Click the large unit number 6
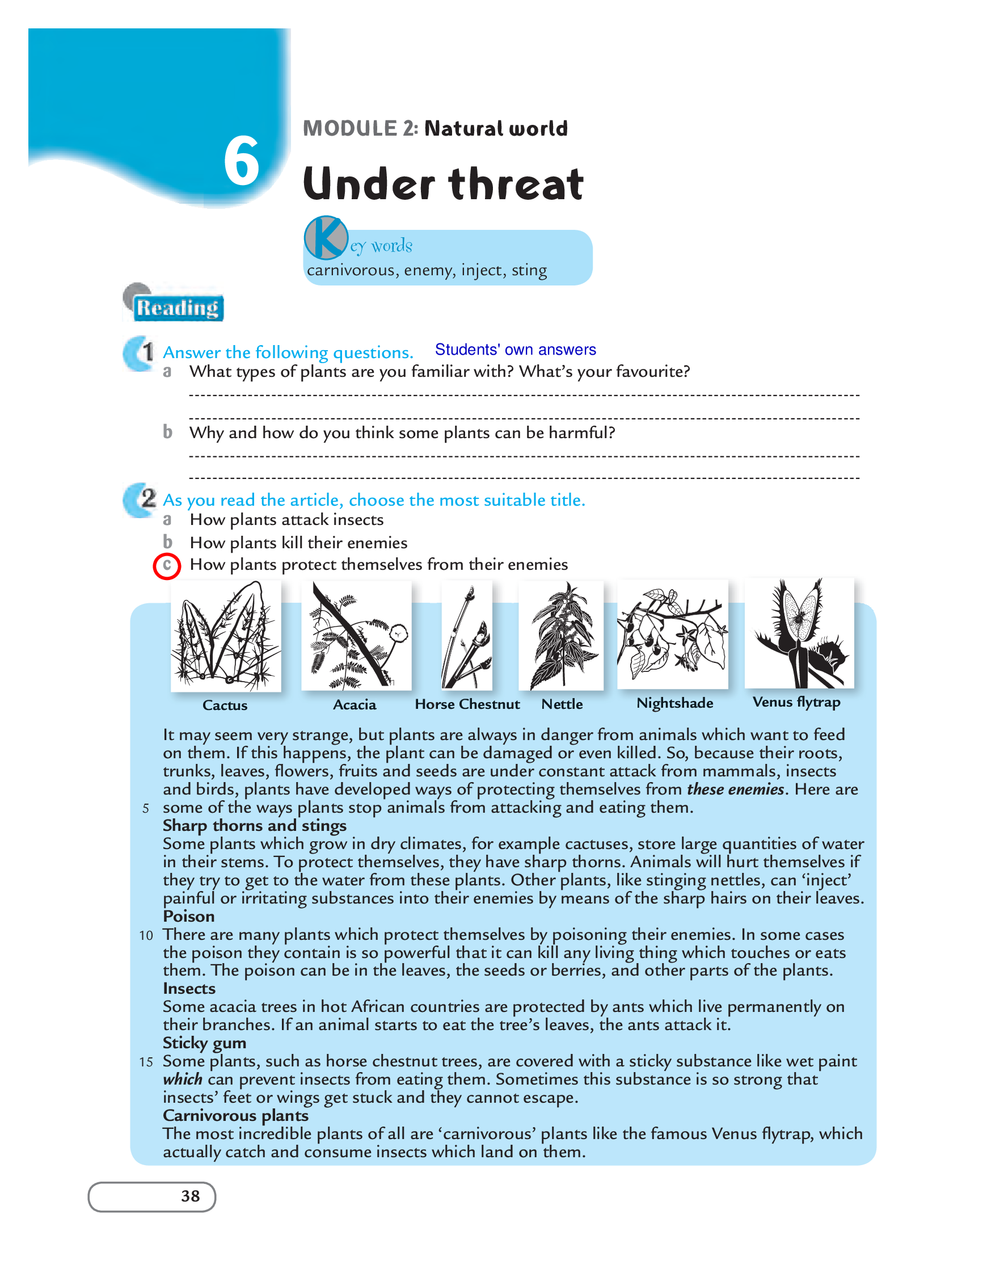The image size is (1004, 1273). click(242, 161)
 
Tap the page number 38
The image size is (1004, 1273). click(191, 1196)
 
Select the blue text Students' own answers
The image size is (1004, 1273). click(515, 350)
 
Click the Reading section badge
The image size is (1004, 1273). click(174, 304)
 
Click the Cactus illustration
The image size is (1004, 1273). click(226, 636)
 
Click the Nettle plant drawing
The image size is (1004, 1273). click(562, 635)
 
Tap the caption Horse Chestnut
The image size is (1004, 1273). click(467, 704)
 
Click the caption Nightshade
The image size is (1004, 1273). click(675, 703)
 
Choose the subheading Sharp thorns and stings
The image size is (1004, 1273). click(255, 826)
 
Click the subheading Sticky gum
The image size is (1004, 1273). click(205, 1043)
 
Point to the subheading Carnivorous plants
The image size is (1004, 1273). click(236, 1115)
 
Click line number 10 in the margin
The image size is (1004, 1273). click(146, 935)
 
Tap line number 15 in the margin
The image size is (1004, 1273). click(146, 1062)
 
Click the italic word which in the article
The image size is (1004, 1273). click(183, 1079)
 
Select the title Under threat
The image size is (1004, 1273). click(443, 183)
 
